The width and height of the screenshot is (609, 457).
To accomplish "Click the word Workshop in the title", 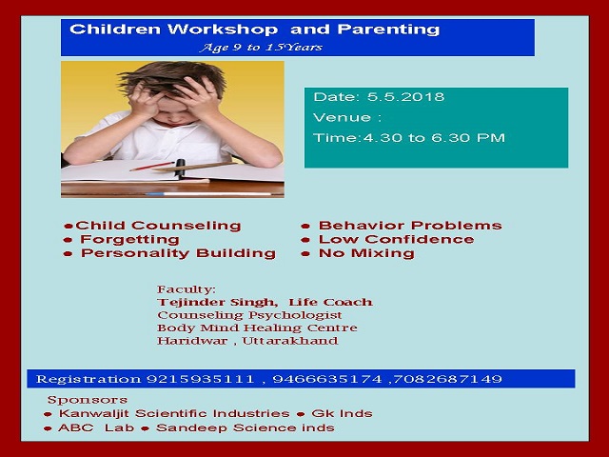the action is tap(223, 30).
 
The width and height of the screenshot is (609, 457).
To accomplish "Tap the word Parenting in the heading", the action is tap(388, 30).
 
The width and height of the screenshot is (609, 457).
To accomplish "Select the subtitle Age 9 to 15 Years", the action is tap(261, 48).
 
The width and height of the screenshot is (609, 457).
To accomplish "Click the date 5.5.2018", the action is tap(406, 97).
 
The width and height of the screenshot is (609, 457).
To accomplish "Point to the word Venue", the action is tap(342, 117).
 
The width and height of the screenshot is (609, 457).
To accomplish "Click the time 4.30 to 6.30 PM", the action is tap(434, 138).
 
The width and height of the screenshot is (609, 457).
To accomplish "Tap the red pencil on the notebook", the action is tap(152, 167).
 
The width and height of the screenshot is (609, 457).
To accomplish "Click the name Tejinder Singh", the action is tap(217, 303).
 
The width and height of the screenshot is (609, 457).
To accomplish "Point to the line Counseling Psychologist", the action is tap(249, 315).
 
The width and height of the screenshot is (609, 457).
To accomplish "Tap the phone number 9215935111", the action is tap(201, 379).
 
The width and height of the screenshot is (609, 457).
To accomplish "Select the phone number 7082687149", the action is tap(448, 379).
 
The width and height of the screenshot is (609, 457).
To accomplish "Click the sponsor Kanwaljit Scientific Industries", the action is tap(174, 414).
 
